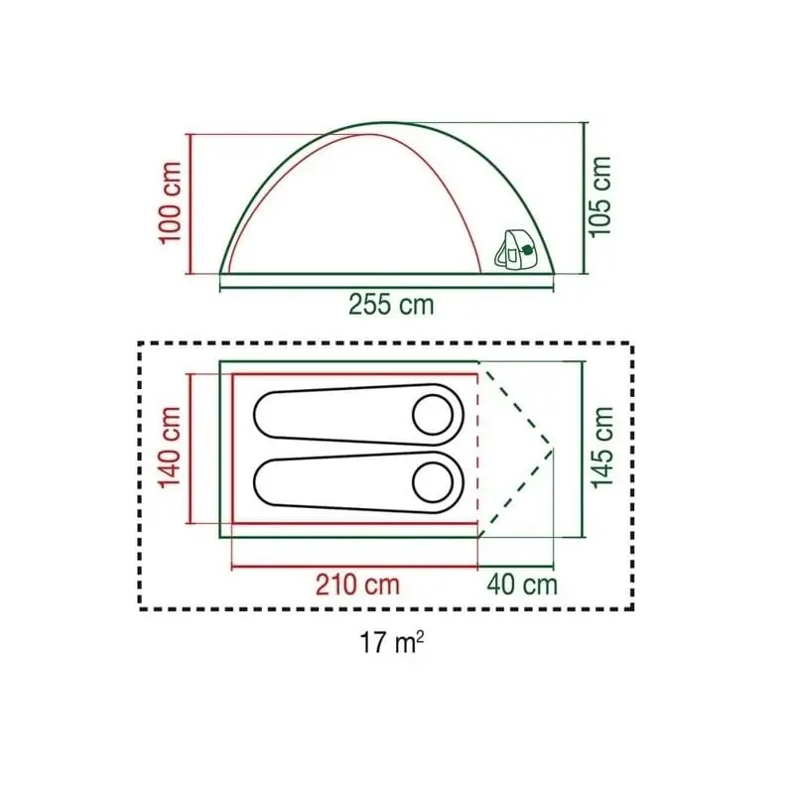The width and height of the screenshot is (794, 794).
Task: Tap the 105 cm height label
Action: point(601,197)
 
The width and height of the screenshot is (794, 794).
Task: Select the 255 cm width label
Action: point(391,305)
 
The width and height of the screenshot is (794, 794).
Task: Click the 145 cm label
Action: point(603,448)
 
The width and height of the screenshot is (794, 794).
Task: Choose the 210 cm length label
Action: point(357,585)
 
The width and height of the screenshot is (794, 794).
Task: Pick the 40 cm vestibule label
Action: point(522,585)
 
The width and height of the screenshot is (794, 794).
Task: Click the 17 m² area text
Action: point(391,643)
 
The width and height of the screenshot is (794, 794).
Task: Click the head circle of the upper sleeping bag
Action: point(433,414)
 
